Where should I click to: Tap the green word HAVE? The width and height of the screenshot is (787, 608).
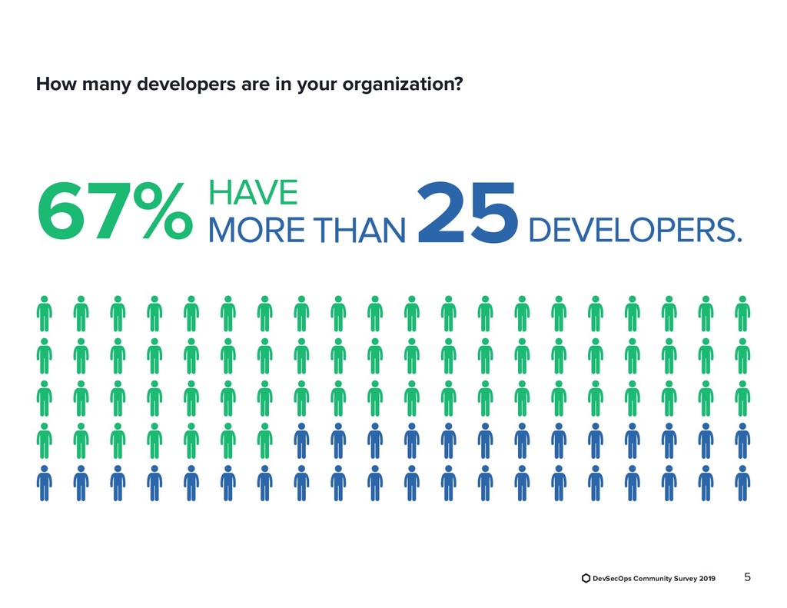click(x=253, y=192)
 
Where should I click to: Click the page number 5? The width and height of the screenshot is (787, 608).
click(x=748, y=576)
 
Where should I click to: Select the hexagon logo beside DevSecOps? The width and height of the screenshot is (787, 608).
click(x=586, y=578)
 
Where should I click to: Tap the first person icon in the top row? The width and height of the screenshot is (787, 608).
click(x=45, y=313)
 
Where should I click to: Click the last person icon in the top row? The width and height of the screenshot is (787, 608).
click(x=742, y=313)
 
